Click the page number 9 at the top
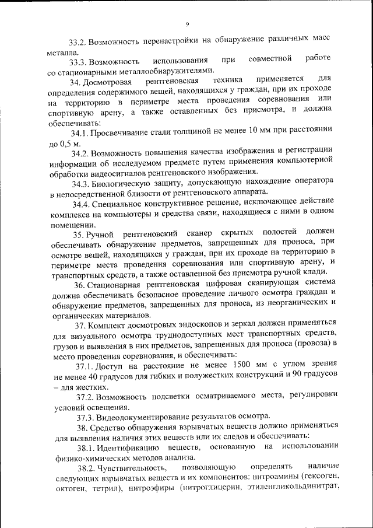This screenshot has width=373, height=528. coord(187,24)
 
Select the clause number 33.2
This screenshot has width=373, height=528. coord(78,42)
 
